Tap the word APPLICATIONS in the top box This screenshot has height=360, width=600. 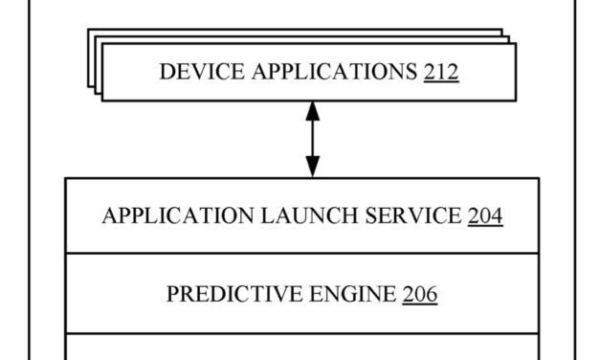coord(327,72)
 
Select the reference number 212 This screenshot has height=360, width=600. coord(440,72)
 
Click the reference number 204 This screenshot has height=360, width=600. coord(485,215)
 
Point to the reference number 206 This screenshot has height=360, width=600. coord(420,294)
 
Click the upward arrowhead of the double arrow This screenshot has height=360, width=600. coord(312,109)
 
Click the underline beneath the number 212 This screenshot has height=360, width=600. coord(440,82)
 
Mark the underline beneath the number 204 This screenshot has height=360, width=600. coord(485,226)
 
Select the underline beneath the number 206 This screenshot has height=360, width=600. coord(420,304)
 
